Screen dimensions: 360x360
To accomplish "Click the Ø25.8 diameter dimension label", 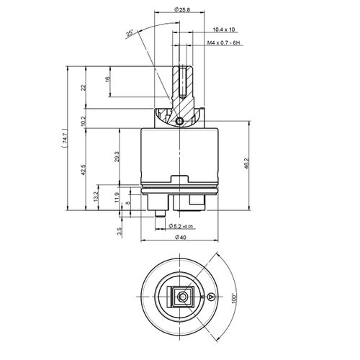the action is click(x=181, y=9).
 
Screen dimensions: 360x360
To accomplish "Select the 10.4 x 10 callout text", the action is click(x=224, y=30).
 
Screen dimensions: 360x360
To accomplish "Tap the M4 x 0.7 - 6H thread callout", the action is click(x=224, y=43).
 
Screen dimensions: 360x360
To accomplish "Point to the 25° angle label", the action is click(x=130, y=34).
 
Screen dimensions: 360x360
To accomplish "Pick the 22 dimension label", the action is click(x=83, y=88).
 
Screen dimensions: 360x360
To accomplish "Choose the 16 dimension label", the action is click(x=107, y=79).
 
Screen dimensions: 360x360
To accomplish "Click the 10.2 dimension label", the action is click(x=83, y=121).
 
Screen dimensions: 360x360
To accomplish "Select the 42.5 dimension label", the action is click(x=83, y=170).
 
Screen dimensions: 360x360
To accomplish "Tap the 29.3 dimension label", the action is click(x=117, y=156).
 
